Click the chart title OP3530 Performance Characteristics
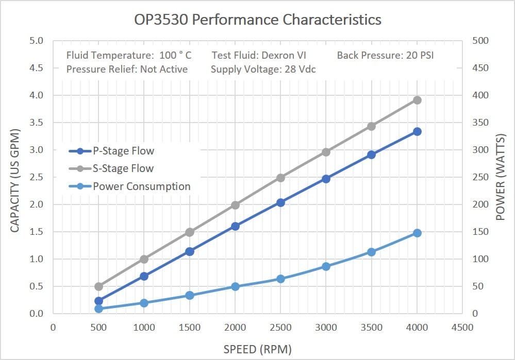[257, 20]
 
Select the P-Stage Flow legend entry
[123, 151]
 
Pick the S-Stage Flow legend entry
[123, 168]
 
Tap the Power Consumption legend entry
[141, 186]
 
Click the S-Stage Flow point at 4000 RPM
[417, 100]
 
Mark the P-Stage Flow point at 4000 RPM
[417, 132]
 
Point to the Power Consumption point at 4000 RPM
[417, 233]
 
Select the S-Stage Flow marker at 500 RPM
[99, 286]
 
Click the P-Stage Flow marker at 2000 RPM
[235, 226]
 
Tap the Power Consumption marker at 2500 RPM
[280, 279]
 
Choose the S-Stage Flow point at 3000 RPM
[326, 152]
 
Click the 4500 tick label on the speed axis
[462, 328]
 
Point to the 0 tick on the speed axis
[53, 328]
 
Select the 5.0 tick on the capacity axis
[35, 41]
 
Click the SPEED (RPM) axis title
[257, 349]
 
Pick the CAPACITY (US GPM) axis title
[15, 177]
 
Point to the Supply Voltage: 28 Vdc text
[263, 69]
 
